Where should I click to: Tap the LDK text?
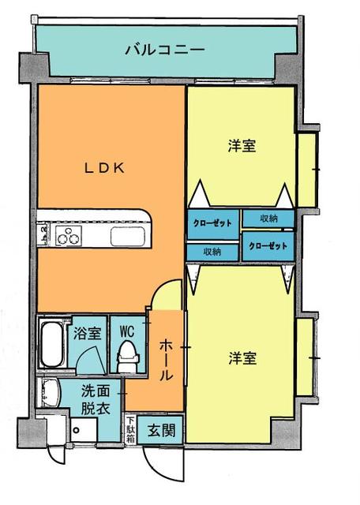click(x=107, y=166)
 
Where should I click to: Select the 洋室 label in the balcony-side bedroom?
click(x=242, y=146)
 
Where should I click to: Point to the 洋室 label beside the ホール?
click(x=242, y=358)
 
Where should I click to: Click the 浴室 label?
click(x=87, y=333)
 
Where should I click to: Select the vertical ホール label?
click(x=167, y=361)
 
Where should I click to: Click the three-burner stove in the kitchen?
click(x=66, y=235)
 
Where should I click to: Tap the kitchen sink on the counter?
click(x=126, y=237)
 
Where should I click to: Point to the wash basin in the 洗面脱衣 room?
click(x=51, y=391)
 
